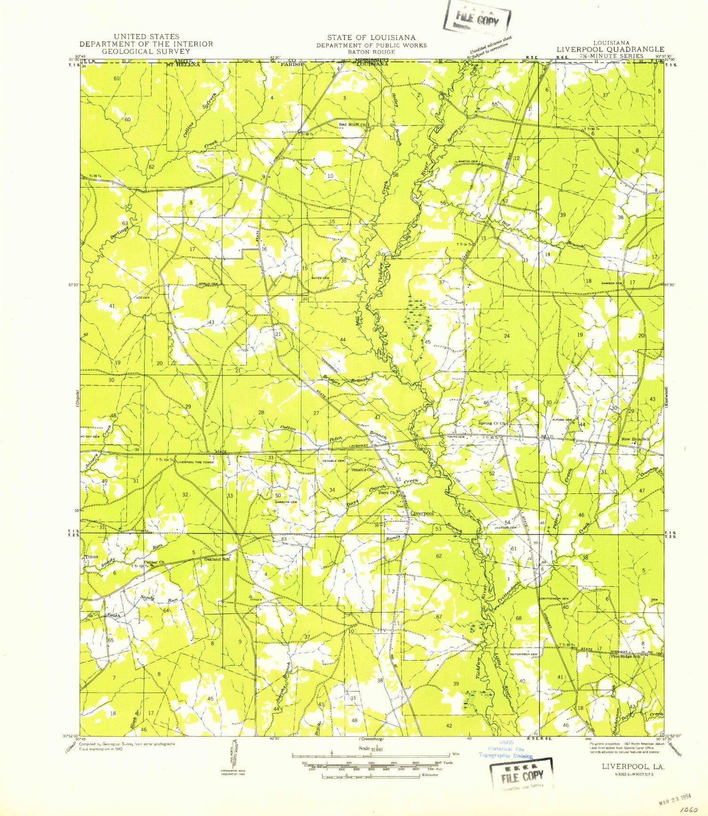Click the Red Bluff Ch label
(x=352, y=125)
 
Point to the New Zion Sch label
(x=635, y=439)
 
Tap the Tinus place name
(x=92, y=557)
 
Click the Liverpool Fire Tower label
(x=195, y=463)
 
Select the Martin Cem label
(x=466, y=162)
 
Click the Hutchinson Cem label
(x=523, y=654)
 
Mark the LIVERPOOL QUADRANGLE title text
(x=610, y=49)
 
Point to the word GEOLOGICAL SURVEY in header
(x=146, y=51)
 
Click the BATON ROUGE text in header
(x=371, y=52)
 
